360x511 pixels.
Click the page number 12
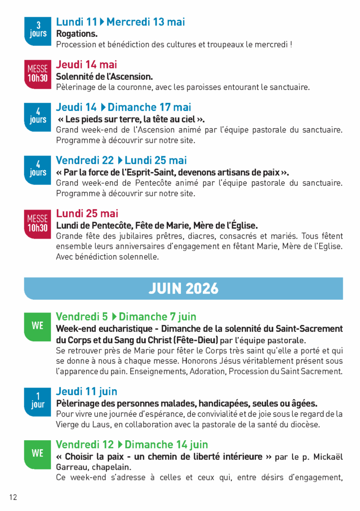[x=13, y=497]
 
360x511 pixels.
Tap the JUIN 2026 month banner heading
[x=183, y=288]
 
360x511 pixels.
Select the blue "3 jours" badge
[x=38, y=29]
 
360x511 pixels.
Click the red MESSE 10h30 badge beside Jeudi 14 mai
[x=38, y=73]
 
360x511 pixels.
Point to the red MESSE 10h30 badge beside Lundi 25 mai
[x=38, y=223]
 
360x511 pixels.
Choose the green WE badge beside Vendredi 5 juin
[x=38, y=326]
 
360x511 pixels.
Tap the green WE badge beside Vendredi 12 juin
[x=38, y=454]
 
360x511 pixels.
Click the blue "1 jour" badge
[x=38, y=401]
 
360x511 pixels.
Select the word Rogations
[x=77, y=34]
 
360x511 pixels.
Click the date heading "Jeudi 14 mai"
[x=87, y=65]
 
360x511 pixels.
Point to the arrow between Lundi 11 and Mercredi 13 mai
[x=102, y=22]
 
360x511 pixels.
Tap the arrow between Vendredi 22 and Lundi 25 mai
[x=120, y=161]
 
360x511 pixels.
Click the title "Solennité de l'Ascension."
[x=104, y=76]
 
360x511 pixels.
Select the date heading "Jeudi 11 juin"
[x=87, y=391]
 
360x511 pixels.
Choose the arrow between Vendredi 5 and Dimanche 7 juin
[x=114, y=317]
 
